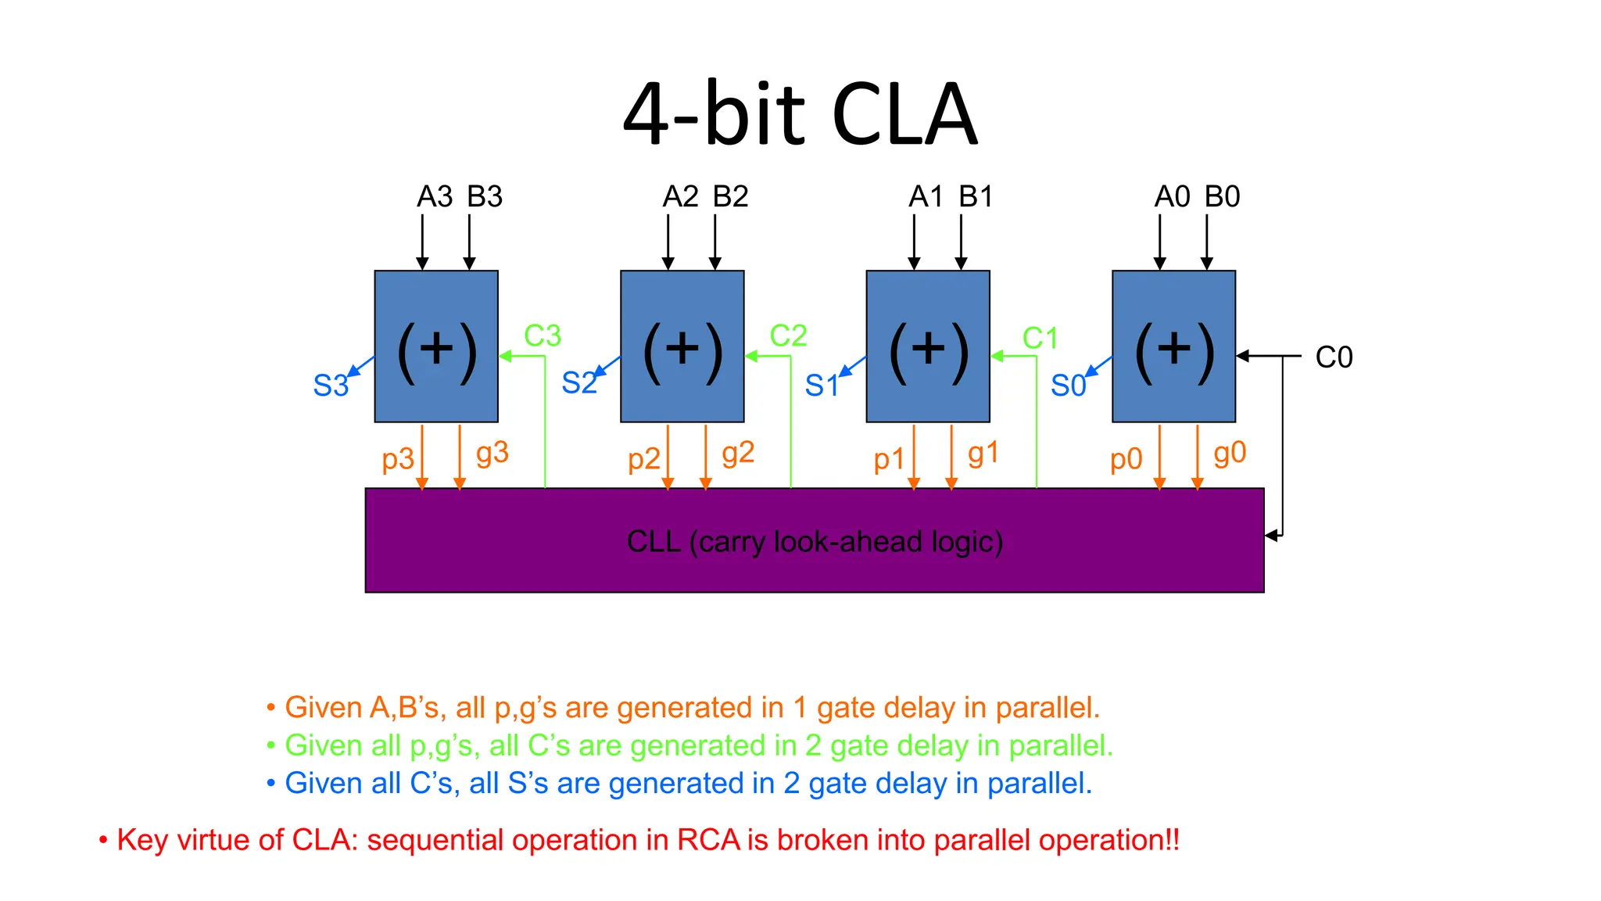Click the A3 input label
434,196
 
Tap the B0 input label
1222,196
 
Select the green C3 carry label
542,336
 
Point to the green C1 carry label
1040,338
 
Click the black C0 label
1334,357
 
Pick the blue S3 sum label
331,386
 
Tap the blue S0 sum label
1068,386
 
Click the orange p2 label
644,458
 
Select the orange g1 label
983,453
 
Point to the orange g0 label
1229,453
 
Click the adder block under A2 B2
682,346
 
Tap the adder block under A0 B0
1173,346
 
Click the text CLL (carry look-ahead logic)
815,541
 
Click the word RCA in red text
708,840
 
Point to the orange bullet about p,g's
691,707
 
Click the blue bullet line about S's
688,783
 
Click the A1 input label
926,196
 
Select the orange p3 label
398,458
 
